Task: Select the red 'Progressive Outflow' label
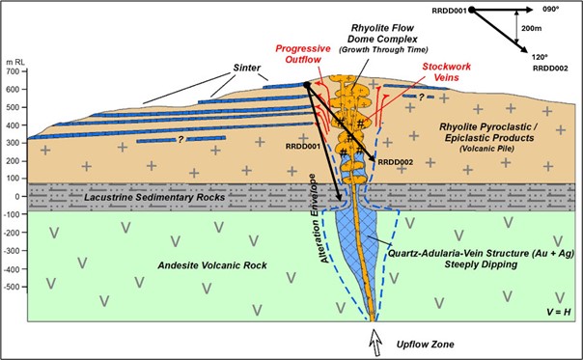(x=305, y=56)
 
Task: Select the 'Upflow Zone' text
(x=410, y=344)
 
